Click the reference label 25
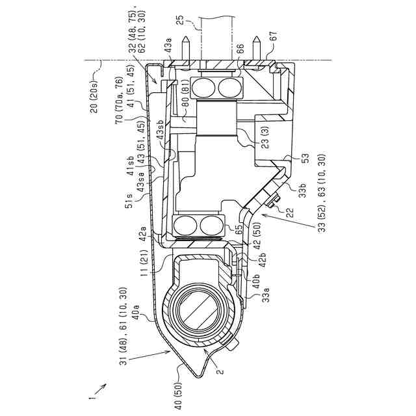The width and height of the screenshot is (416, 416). (x=180, y=20)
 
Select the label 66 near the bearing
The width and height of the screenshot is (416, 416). (x=240, y=49)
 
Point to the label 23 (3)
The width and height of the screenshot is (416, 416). (x=265, y=136)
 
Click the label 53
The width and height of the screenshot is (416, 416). (x=305, y=159)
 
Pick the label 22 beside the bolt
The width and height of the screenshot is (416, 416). (x=291, y=213)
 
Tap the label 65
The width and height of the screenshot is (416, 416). (x=239, y=228)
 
